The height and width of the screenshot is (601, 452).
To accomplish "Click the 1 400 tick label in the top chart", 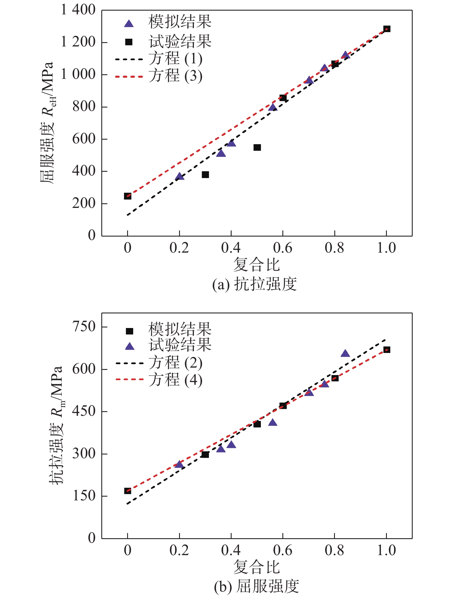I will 78,10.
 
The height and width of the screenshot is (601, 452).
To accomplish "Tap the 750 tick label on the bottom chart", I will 84,327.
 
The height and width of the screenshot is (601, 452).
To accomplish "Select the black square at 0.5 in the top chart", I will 257,147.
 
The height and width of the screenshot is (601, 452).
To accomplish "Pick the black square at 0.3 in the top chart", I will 205,175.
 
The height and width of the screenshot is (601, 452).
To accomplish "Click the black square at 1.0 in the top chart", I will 387,29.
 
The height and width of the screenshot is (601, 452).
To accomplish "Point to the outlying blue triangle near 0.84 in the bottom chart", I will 345,354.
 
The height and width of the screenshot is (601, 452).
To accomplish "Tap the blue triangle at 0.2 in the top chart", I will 179,176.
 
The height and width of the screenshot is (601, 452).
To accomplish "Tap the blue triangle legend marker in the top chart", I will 129,24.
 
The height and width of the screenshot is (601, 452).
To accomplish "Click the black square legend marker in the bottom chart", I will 129,331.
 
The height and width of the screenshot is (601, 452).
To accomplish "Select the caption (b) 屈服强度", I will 257,587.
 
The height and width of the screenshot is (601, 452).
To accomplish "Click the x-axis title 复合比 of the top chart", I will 256,264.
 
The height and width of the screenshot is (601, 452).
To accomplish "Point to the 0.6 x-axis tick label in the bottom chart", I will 283,551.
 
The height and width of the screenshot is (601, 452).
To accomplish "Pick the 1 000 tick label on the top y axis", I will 78,74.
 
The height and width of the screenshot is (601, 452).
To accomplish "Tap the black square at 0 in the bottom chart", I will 127,491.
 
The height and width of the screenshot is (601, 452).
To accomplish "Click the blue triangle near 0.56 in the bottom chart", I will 273,422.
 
